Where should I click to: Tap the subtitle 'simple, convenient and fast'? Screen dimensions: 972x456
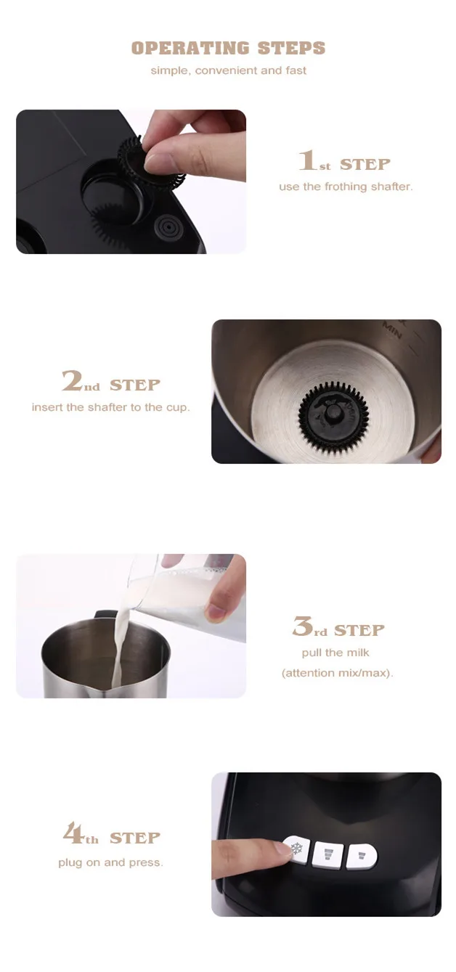(228, 71)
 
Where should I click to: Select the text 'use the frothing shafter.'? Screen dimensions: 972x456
(346, 187)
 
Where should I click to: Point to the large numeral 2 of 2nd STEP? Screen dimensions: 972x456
(71, 382)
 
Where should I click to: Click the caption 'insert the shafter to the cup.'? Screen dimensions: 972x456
(110, 407)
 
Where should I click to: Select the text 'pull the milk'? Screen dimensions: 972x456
(335, 653)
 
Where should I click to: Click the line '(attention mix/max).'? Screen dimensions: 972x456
(337, 673)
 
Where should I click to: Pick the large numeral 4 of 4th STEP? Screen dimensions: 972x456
(73, 834)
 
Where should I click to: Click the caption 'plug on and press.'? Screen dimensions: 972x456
(110, 862)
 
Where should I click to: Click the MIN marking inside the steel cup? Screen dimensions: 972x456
(392, 330)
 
